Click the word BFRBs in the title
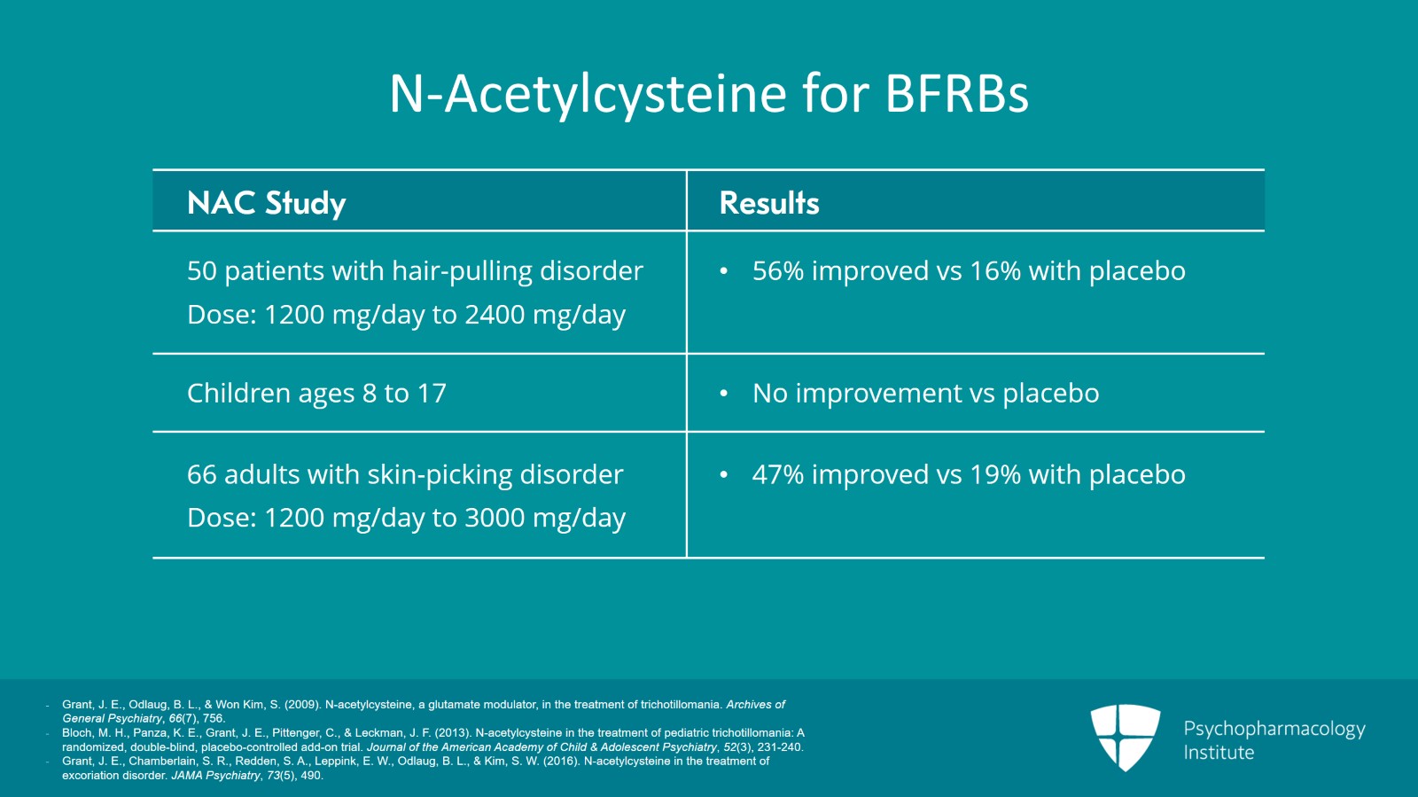coord(956,94)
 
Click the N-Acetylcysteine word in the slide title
coord(588,95)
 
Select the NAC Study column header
coord(267,203)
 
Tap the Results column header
coord(769,203)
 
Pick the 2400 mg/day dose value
coord(545,315)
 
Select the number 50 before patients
coord(201,270)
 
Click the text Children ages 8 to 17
coord(316,393)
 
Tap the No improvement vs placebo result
coord(925,393)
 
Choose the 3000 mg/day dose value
coord(545,518)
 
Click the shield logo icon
coord(1125,737)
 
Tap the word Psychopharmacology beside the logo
coord(1274,730)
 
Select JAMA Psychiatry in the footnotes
coord(216,776)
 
